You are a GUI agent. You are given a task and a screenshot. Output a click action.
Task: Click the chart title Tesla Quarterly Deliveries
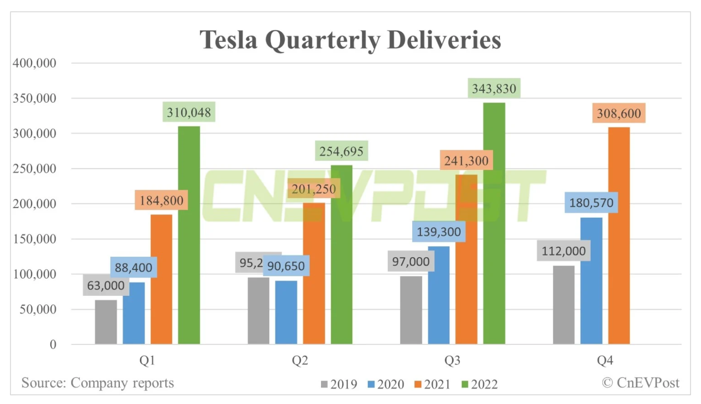(x=350, y=40)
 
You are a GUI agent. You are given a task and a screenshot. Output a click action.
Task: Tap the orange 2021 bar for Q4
(x=618, y=237)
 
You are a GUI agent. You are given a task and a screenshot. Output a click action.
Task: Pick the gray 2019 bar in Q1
(x=106, y=322)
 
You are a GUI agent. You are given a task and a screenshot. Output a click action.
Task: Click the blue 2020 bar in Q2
(x=286, y=313)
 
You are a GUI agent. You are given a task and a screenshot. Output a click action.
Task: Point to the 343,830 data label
(x=494, y=89)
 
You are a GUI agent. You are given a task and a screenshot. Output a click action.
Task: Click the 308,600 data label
(x=618, y=114)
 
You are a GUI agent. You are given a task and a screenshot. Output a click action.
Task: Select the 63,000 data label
(x=106, y=285)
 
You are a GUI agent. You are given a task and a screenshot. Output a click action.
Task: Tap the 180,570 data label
(x=591, y=203)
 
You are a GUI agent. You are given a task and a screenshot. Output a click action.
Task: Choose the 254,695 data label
(x=341, y=151)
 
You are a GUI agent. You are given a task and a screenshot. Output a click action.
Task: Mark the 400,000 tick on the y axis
(x=34, y=63)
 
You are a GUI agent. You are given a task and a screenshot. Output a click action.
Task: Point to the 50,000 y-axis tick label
(x=38, y=309)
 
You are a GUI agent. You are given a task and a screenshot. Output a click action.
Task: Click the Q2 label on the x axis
(x=300, y=360)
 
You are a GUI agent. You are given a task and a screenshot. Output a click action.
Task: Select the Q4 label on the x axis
(x=605, y=360)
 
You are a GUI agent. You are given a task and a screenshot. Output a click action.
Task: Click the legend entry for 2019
(x=339, y=384)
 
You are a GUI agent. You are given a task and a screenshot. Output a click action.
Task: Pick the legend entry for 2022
(x=479, y=384)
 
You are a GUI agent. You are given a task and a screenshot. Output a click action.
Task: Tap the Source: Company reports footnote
(x=98, y=383)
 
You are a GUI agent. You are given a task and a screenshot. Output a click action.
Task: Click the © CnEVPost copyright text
(x=640, y=383)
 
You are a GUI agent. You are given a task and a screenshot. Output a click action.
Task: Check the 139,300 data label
(x=439, y=232)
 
